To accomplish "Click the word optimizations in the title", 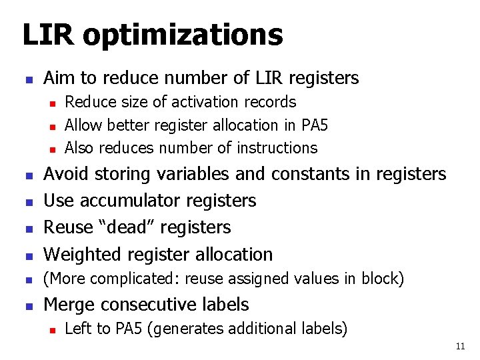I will click(x=183, y=35).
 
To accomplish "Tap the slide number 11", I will click(x=460, y=346).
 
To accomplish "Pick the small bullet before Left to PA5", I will click(x=51, y=329).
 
